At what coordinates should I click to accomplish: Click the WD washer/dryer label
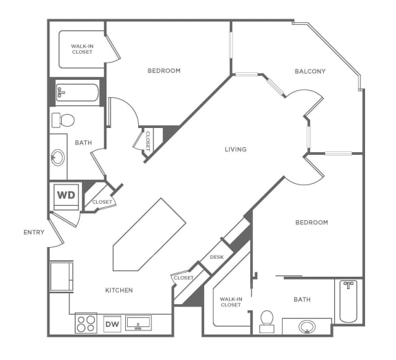(67, 195)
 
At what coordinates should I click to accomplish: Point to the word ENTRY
(34, 232)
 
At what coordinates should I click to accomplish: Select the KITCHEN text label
(119, 290)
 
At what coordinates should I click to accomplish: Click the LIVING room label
(235, 149)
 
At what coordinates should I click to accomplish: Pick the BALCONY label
(310, 71)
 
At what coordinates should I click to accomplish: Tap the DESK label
(217, 257)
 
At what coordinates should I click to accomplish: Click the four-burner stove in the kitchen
(86, 323)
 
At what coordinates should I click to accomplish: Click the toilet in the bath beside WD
(63, 120)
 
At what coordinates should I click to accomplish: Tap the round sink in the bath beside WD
(58, 158)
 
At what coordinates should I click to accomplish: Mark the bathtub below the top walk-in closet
(77, 93)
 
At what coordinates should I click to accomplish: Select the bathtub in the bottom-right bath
(349, 300)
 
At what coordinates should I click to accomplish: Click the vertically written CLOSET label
(147, 140)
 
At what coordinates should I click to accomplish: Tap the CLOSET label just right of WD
(102, 202)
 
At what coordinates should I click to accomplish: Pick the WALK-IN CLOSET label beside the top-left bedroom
(82, 49)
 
